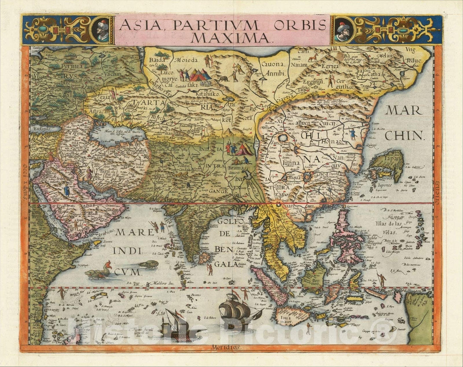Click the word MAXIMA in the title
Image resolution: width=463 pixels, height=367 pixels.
click(x=231, y=37)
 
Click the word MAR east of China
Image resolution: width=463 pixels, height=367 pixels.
click(x=403, y=110)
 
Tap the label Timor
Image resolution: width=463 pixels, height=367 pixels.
click(x=353, y=325)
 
